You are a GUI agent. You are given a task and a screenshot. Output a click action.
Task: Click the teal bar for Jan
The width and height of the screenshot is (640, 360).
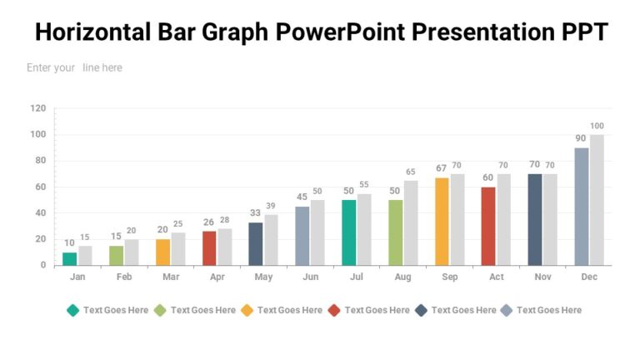coord(69,258)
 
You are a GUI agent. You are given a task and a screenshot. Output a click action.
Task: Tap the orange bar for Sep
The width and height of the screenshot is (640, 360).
coord(442,221)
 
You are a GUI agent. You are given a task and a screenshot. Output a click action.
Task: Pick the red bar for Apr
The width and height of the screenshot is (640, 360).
coord(209,247)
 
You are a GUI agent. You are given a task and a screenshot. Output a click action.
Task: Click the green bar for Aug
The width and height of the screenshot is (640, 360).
coord(395,232)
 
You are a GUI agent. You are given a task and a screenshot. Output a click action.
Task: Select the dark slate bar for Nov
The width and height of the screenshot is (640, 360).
coord(535,219)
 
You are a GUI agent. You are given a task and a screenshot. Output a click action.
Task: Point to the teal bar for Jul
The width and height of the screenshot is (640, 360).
coord(348,232)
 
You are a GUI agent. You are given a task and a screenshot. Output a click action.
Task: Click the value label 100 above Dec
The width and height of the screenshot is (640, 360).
coord(597,126)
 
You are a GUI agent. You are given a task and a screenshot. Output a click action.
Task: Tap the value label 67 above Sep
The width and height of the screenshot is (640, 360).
coord(442,168)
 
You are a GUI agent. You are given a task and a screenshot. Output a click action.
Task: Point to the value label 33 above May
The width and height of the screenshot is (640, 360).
coord(255,212)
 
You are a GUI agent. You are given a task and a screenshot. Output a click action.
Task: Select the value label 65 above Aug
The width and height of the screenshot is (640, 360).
coord(411,172)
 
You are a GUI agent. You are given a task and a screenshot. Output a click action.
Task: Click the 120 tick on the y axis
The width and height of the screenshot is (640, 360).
coord(38,108)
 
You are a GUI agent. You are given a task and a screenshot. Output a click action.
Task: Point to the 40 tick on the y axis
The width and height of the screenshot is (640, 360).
coord(38,212)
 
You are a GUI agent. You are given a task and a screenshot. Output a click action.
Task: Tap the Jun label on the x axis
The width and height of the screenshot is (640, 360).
coord(310,277)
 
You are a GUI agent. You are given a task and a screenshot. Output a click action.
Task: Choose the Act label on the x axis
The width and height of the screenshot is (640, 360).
coord(497,277)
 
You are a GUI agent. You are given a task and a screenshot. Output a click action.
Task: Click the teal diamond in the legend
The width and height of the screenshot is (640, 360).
coord(73,310)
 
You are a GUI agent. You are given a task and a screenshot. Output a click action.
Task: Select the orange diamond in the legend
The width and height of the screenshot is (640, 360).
coord(247,310)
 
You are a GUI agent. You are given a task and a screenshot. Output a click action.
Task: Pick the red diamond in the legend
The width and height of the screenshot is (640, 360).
coord(334,310)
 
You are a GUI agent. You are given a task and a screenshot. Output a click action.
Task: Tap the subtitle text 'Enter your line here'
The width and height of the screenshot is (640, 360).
coord(74,67)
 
